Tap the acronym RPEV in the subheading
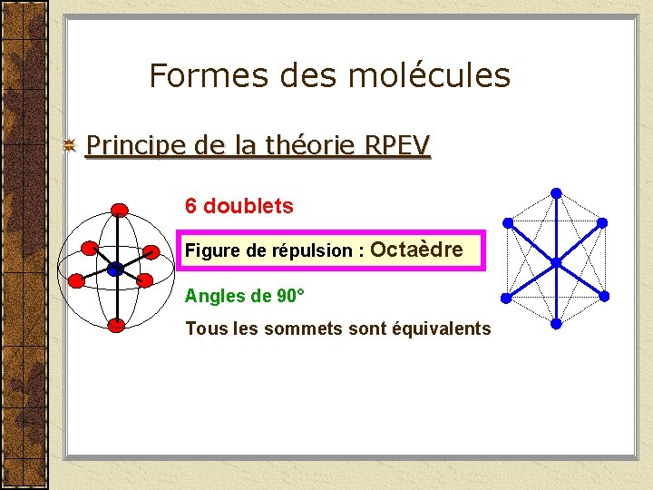(396, 145)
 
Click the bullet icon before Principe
(69, 146)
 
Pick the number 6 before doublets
(190, 206)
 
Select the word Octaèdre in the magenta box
(417, 250)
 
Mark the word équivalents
(442, 328)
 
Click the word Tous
(204, 328)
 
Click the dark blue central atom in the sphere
(115, 269)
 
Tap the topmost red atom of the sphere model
(119, 210)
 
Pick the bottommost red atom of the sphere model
(115, 325)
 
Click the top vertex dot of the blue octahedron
(556, 193)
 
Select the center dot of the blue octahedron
(557, 262)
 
